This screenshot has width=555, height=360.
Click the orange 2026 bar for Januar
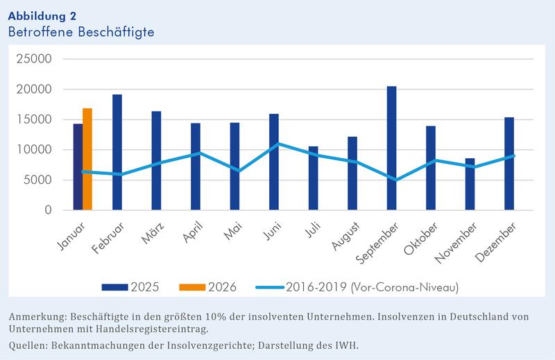pos(87,159)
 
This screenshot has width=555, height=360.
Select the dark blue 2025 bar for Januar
pos(78,166)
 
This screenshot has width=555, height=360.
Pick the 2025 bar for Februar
pos(117,152)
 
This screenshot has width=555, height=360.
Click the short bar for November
pos(470,184)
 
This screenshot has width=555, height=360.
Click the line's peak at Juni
pos(274,144)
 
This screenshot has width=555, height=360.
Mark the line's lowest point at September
pos(392,180)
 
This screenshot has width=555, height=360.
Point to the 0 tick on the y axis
pos(48,210)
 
